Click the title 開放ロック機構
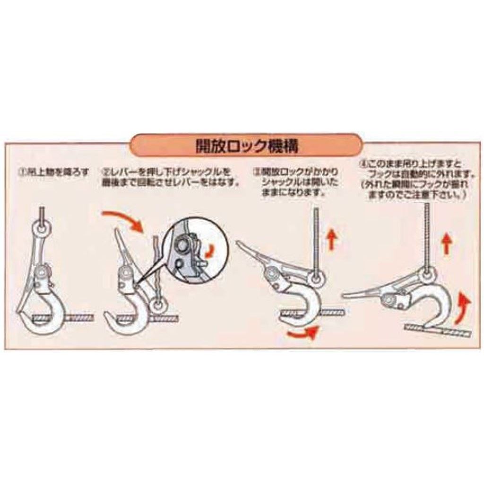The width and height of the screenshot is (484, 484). click(246, 146)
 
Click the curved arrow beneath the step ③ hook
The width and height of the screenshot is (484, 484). click(302, 334)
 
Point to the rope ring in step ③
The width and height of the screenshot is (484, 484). click(316, 278)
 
